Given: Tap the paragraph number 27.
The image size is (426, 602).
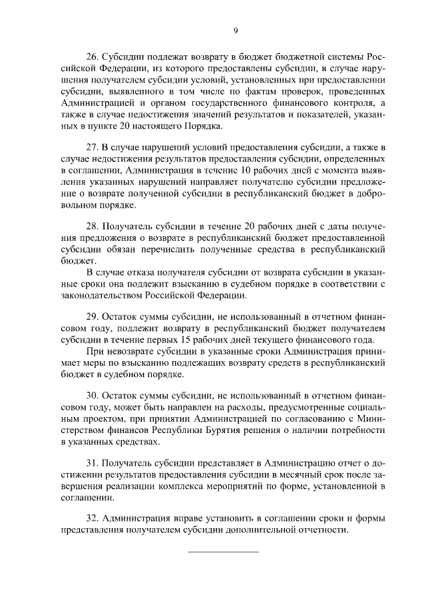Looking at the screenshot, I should [93, 146].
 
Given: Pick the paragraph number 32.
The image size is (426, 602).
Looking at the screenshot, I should [93, 518].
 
